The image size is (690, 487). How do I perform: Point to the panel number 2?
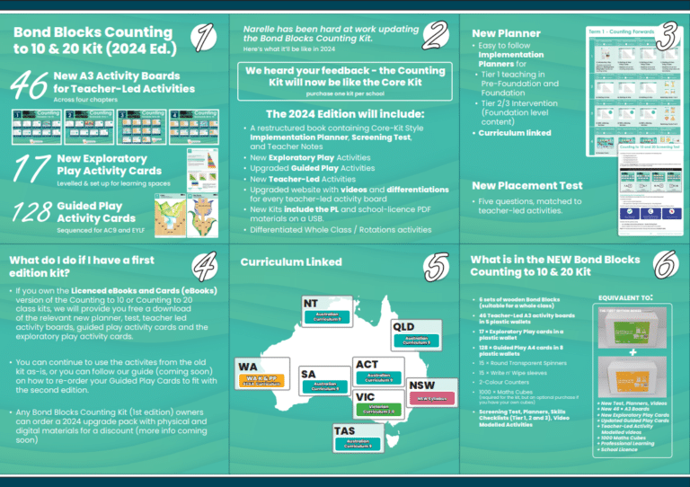click(x=435, y=36)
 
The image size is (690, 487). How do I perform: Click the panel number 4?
click(x=206, y=265)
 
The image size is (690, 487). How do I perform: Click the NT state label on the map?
click(x=311, y=303)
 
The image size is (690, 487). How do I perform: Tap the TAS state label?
click(x=345, y=430)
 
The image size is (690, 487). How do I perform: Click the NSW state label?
click(x=422, y=385)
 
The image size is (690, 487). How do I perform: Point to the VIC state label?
click(x=366, y=396)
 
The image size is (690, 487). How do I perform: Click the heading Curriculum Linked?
click(x=291, y=262)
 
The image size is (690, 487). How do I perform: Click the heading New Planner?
click(x=506, y=32)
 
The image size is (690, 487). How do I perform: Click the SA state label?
click(x=308, y=373)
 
